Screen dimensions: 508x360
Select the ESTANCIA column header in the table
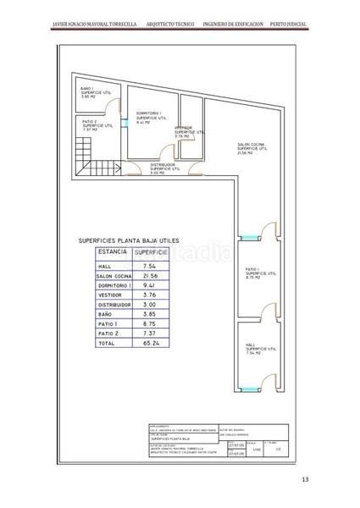tap(114, 252)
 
